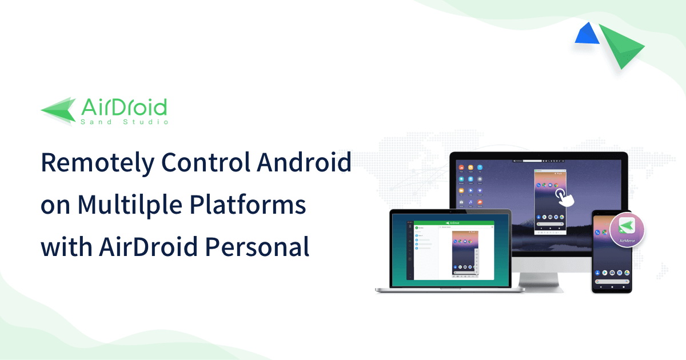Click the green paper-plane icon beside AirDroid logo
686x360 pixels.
pos(58,109)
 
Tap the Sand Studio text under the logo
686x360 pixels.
pos(124,122)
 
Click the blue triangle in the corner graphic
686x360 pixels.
pos(587,35)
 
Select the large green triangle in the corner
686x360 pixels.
pos(624,46)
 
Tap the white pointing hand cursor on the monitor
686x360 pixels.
pos(565,198)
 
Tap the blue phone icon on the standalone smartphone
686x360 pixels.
pos(597,233)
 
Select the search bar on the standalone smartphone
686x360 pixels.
pos(611,273)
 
